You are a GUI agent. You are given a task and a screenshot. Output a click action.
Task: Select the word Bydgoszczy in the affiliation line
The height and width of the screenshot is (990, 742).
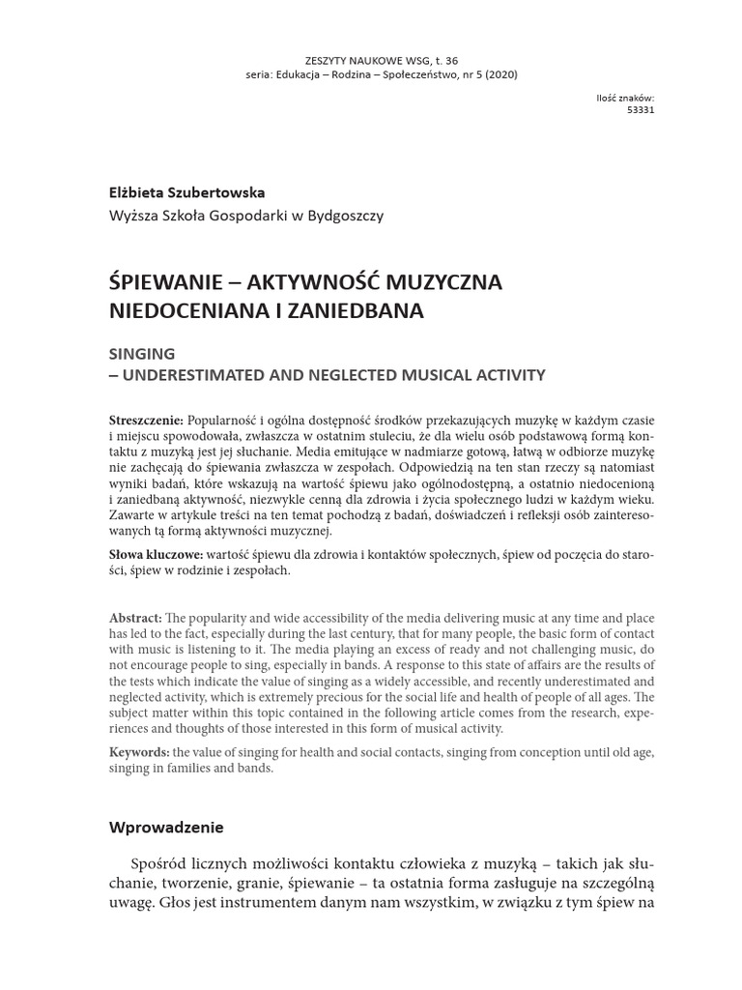coord(347,216)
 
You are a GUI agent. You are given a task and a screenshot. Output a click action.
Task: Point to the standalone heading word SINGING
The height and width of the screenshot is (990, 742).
coord(142,354)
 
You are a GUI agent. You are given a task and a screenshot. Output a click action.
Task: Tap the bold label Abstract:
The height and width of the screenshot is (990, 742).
coord(136,618)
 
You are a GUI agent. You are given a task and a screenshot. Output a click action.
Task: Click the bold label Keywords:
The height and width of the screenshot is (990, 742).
coord(140,752)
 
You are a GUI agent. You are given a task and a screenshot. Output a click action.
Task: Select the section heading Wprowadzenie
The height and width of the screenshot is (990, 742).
coord(166,828)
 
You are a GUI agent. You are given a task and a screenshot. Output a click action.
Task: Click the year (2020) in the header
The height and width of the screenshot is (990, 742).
coord(500,75)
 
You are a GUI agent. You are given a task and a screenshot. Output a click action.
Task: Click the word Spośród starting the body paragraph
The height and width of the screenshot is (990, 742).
coord(159,862)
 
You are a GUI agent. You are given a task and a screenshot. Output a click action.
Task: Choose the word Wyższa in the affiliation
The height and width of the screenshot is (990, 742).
coord(133,216)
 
